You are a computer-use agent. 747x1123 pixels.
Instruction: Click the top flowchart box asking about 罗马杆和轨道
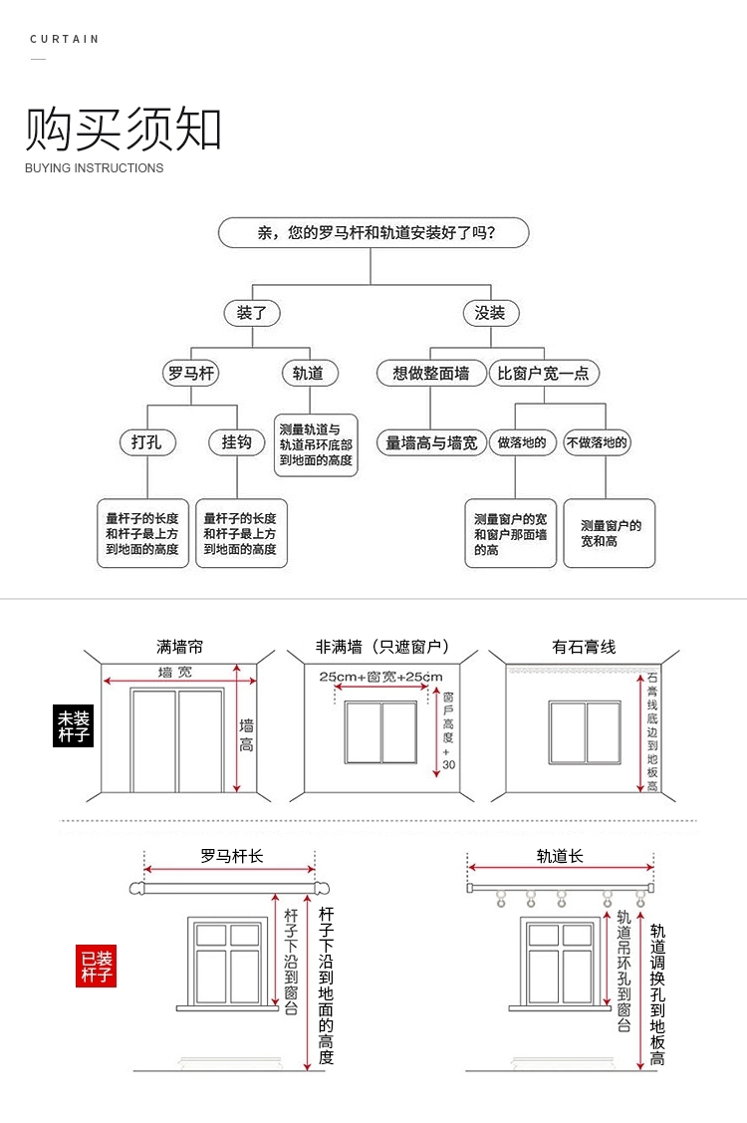point(373,233)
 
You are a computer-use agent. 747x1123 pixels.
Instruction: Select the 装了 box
point(251,313)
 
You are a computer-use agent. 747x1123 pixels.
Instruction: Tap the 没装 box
point(491,313)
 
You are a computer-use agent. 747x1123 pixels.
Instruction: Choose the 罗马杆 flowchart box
point(190,374)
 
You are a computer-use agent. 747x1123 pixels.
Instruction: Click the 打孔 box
point(146,441)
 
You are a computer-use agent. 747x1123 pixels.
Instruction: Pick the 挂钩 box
point(237,441)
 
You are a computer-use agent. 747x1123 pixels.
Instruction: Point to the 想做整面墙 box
point(430,374)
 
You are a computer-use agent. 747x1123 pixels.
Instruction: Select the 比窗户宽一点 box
point(544,374)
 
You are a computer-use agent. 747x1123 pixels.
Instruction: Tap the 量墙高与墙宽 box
point(430,442)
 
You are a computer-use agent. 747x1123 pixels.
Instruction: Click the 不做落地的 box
point(598,442)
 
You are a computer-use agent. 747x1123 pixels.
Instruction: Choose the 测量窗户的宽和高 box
point(610,533)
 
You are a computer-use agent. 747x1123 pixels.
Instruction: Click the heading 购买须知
point(124,129)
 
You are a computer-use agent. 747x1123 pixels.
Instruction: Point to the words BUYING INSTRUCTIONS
point(95,168)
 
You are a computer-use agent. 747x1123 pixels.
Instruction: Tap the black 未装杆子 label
point(72,726)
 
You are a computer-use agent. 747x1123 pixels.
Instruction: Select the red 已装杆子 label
point(97,966)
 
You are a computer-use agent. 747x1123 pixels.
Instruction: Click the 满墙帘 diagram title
point(180,647)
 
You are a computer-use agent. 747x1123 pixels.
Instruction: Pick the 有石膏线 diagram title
point(584,647)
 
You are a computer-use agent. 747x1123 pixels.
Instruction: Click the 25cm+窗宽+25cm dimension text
point(380,678)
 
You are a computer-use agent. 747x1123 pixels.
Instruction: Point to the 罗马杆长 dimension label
point(232,856)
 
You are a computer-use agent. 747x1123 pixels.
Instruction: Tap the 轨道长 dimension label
point(560,856)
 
